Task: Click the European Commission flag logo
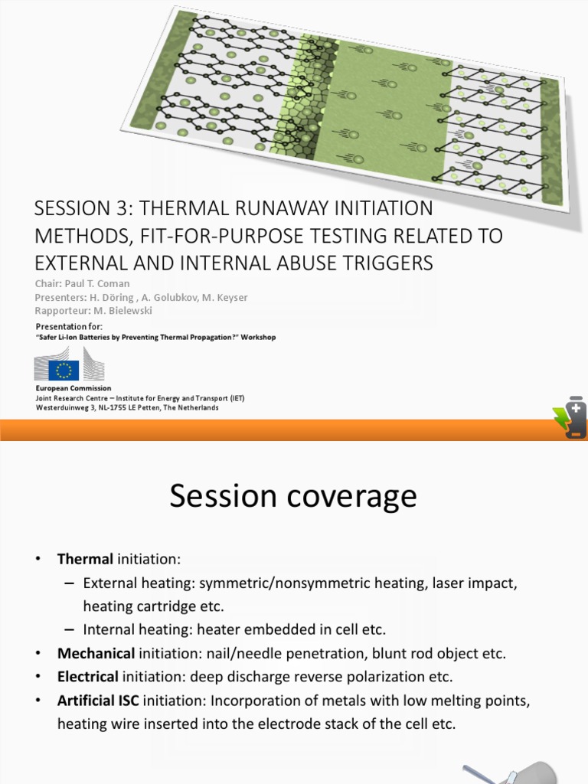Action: click(63, 371)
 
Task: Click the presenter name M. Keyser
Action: click(223, 297)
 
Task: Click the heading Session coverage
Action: click(293, 496)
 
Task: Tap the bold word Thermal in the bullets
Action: click(86, 559)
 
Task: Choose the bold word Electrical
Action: click(88, 677)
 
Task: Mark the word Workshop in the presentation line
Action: click(258, 337)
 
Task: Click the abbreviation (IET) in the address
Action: click(233, 398)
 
